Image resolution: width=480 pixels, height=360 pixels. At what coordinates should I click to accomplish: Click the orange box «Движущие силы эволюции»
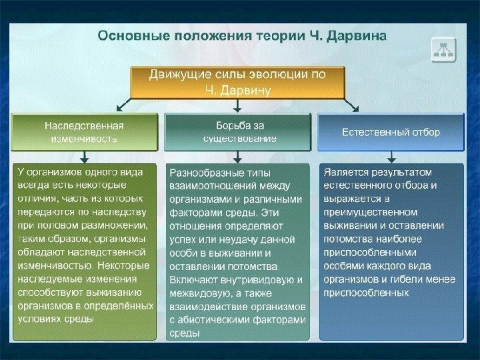[237, 81]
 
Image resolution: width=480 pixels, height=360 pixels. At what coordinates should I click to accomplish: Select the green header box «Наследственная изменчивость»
[84, 132]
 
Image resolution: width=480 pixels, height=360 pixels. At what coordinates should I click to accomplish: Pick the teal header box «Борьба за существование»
[237, 132]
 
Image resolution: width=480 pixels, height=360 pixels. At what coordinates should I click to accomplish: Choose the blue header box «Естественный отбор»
[391, 132]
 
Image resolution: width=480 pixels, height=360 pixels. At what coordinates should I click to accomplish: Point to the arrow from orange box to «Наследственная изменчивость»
[123, 105]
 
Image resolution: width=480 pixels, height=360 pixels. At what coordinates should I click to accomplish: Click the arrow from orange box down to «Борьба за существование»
[237, 105]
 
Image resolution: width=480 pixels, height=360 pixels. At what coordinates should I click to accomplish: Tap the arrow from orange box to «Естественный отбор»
[352, 105]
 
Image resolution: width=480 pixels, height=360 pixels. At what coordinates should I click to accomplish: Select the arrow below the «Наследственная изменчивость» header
[84, 157]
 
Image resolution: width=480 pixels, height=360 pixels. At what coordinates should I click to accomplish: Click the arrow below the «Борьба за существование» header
[237, 157]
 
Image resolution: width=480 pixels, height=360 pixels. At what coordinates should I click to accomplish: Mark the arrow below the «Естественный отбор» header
[391, 157]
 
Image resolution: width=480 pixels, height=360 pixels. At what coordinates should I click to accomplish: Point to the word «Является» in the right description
[344, 173]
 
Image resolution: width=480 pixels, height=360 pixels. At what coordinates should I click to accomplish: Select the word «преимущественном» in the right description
[361, 212]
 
